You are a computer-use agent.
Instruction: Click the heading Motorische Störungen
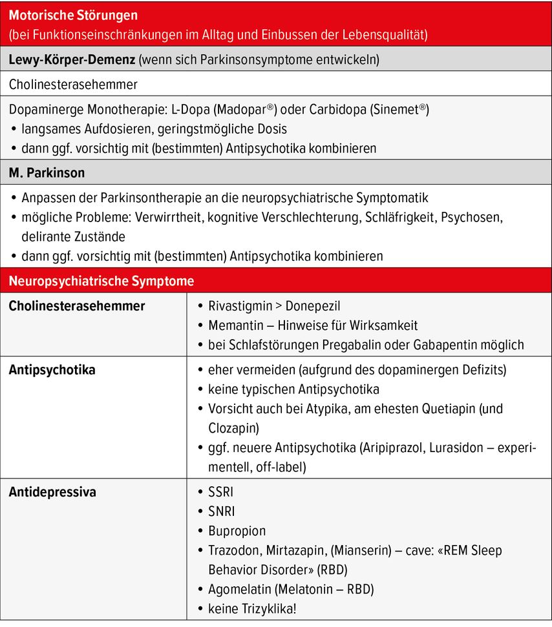point(73,15)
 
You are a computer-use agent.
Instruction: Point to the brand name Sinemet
point(399,109)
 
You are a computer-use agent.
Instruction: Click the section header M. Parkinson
point(47,173)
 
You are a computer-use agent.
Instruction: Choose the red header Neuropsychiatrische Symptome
point(101,282)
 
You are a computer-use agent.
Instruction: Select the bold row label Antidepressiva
point(52,492)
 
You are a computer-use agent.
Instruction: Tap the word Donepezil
point(313,306)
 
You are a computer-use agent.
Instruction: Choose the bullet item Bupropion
point(237,531)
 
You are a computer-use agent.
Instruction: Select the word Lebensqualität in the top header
point(388,34)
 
